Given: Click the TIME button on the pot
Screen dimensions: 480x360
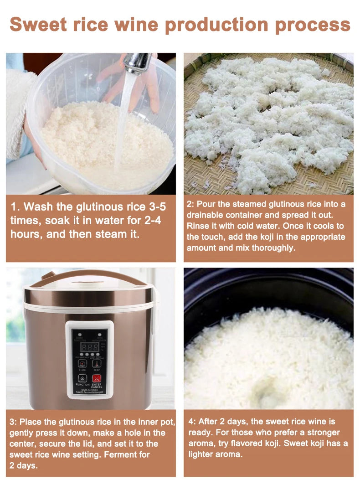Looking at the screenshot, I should pos(82,363).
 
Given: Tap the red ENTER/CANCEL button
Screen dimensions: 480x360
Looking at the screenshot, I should pos(97,378).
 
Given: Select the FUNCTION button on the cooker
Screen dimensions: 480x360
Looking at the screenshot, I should pos(82,378).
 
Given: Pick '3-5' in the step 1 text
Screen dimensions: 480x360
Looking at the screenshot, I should pos(153,207).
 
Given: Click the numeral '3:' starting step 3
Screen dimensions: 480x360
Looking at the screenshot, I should pos(13,422).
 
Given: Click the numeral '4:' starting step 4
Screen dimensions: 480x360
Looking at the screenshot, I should pos(192,422).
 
